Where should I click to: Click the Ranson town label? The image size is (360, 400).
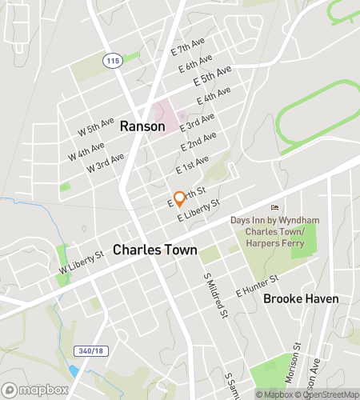pyautogui.click(x=142, y=126)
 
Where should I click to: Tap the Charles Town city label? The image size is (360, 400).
pyautogui.click(x=154, y=250)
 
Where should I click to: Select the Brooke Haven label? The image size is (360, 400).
pyautogui.click(x=301, y=298)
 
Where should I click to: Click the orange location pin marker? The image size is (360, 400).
pyautogui.click(x=180, y=198)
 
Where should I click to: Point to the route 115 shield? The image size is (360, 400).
pyautogui.click(x=109, y=60)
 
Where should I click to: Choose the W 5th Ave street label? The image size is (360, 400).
pyautogui.click(x=95, y=127)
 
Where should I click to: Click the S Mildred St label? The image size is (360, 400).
pyautogui.click(x=212, y=293)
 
